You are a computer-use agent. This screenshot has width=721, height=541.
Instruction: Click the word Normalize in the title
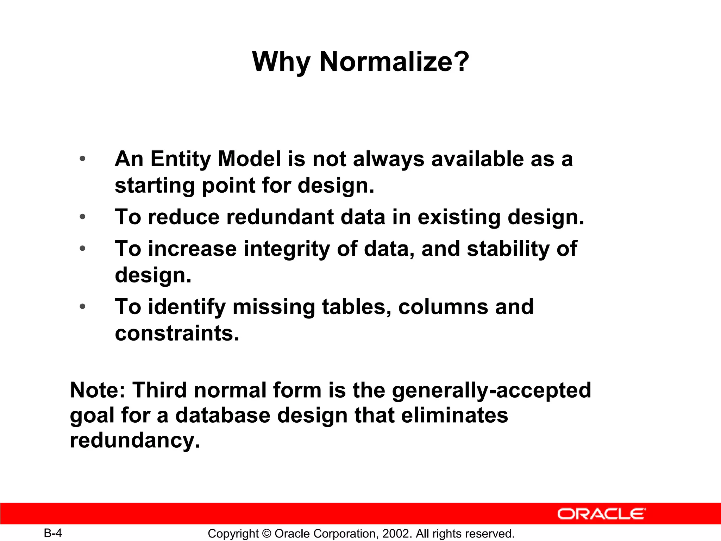394,62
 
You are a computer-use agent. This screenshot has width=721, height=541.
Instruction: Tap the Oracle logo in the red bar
602,514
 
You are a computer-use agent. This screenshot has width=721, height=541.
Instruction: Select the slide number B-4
53,533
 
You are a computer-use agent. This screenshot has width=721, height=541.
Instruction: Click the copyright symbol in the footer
267,534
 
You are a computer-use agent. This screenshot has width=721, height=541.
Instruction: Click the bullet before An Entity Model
82,159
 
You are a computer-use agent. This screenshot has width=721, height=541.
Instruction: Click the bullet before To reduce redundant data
82,217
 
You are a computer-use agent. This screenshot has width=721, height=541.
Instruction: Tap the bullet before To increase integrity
82,249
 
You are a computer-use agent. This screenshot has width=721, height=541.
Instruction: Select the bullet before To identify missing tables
82,306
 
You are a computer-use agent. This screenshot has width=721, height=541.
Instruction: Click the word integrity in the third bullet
287,249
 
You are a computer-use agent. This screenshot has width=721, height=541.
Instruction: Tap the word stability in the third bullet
508,249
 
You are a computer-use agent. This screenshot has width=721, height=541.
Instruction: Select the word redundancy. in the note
135,440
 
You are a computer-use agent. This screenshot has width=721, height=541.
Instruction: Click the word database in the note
223,415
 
